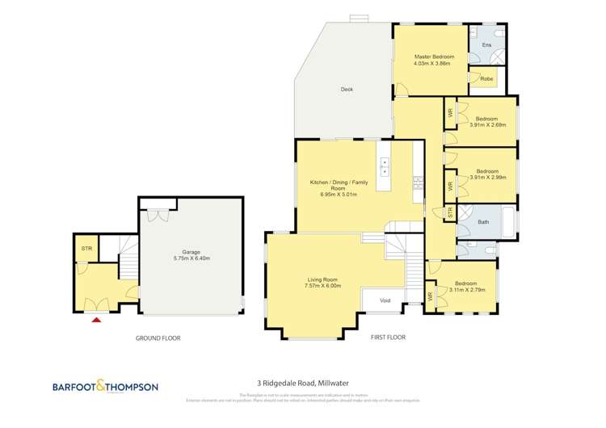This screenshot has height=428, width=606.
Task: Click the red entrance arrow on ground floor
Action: (97, 320)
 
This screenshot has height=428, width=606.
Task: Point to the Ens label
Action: (486, 44)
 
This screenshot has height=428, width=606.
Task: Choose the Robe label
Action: (486, 79)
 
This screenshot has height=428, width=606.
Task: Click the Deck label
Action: (347, 89)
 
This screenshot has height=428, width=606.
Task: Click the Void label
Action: (385, 300)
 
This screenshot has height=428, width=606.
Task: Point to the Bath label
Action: (483, 221)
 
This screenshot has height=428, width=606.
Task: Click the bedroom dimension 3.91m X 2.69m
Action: (487, 124)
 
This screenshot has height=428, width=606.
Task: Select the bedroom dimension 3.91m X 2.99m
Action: (487, 177)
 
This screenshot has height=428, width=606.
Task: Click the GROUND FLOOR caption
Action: (158, 338)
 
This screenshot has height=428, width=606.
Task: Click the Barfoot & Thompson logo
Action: (105, 387)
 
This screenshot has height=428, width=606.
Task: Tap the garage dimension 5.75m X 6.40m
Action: (191, 258)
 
